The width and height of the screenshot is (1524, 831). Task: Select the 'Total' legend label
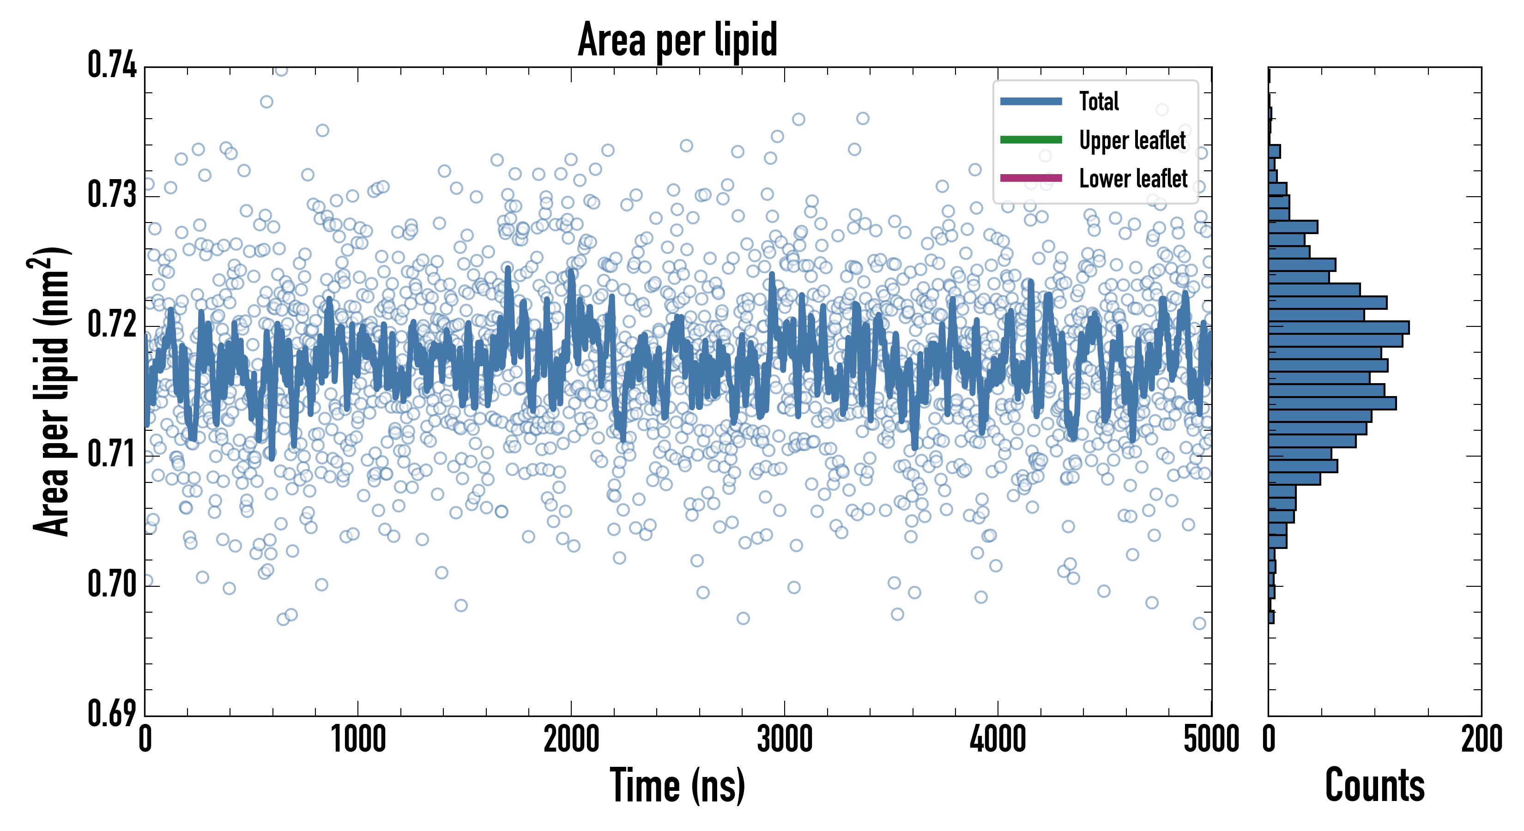tap(1099, 101)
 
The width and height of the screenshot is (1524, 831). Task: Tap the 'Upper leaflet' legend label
tap(1132, 140)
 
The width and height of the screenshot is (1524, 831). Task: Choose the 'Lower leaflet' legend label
tap(1133, 179)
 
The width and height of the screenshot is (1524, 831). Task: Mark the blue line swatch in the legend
tap(1031, 101)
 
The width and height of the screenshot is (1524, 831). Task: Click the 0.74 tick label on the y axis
tap(112, 65)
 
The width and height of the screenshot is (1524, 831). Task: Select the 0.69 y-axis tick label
tap(112, 713)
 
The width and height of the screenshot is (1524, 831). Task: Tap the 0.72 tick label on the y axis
tap(112, 324)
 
